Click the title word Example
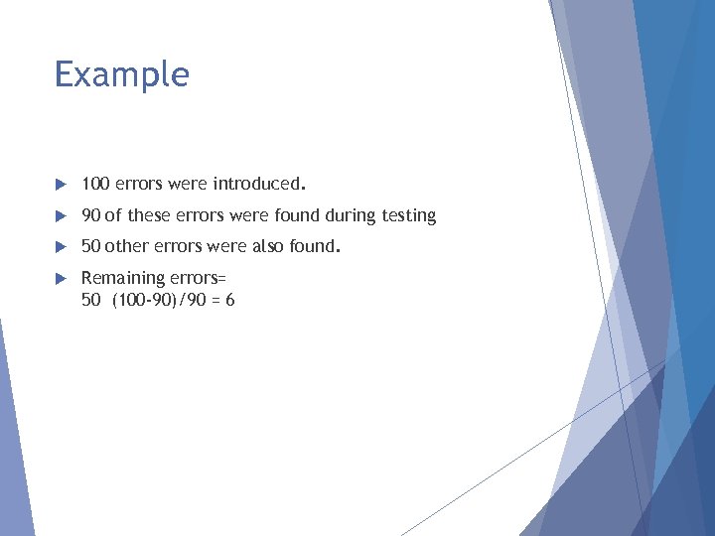coord(121,75)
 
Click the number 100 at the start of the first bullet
coord(95,184)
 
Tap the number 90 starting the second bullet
coord(90,215)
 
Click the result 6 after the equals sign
coord(229,299)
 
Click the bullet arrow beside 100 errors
coord(60,185)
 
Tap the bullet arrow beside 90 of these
coord(60,216)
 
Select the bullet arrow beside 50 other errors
coord(60,247)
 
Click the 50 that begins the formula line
coord(90,299)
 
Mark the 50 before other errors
coord(90,246)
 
